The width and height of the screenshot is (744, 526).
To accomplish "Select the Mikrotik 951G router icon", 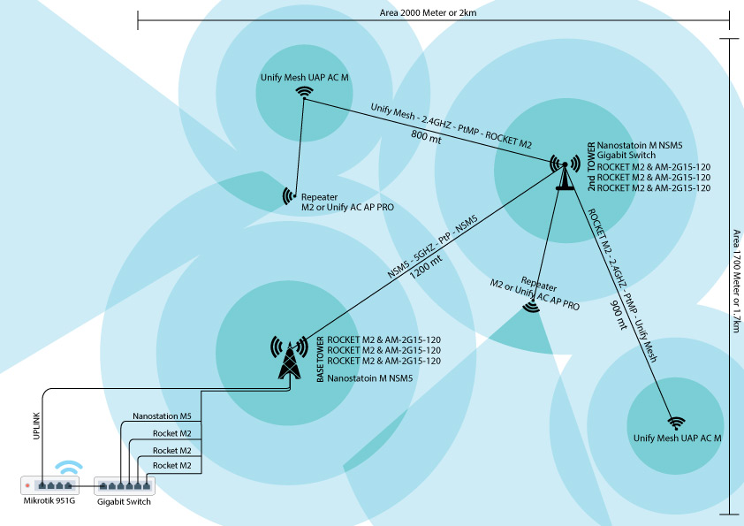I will tap(49, 485).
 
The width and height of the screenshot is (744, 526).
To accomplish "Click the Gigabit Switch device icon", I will tap(125, 485).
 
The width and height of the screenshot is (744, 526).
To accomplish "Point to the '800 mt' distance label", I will tap(425, 137).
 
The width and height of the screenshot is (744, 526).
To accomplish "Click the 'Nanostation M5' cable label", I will tap(162, 415).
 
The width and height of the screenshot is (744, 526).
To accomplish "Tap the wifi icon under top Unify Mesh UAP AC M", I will tap(304, 92).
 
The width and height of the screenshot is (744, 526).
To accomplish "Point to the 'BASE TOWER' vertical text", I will tap(320, 359).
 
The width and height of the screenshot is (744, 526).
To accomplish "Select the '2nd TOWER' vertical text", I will tap(589, 166).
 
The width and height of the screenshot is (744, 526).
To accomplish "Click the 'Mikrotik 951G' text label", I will tap(49, 502).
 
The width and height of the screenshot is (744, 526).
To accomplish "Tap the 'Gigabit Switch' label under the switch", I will tap(125, 502).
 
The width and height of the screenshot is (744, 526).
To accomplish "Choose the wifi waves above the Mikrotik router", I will tap(66, 467).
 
